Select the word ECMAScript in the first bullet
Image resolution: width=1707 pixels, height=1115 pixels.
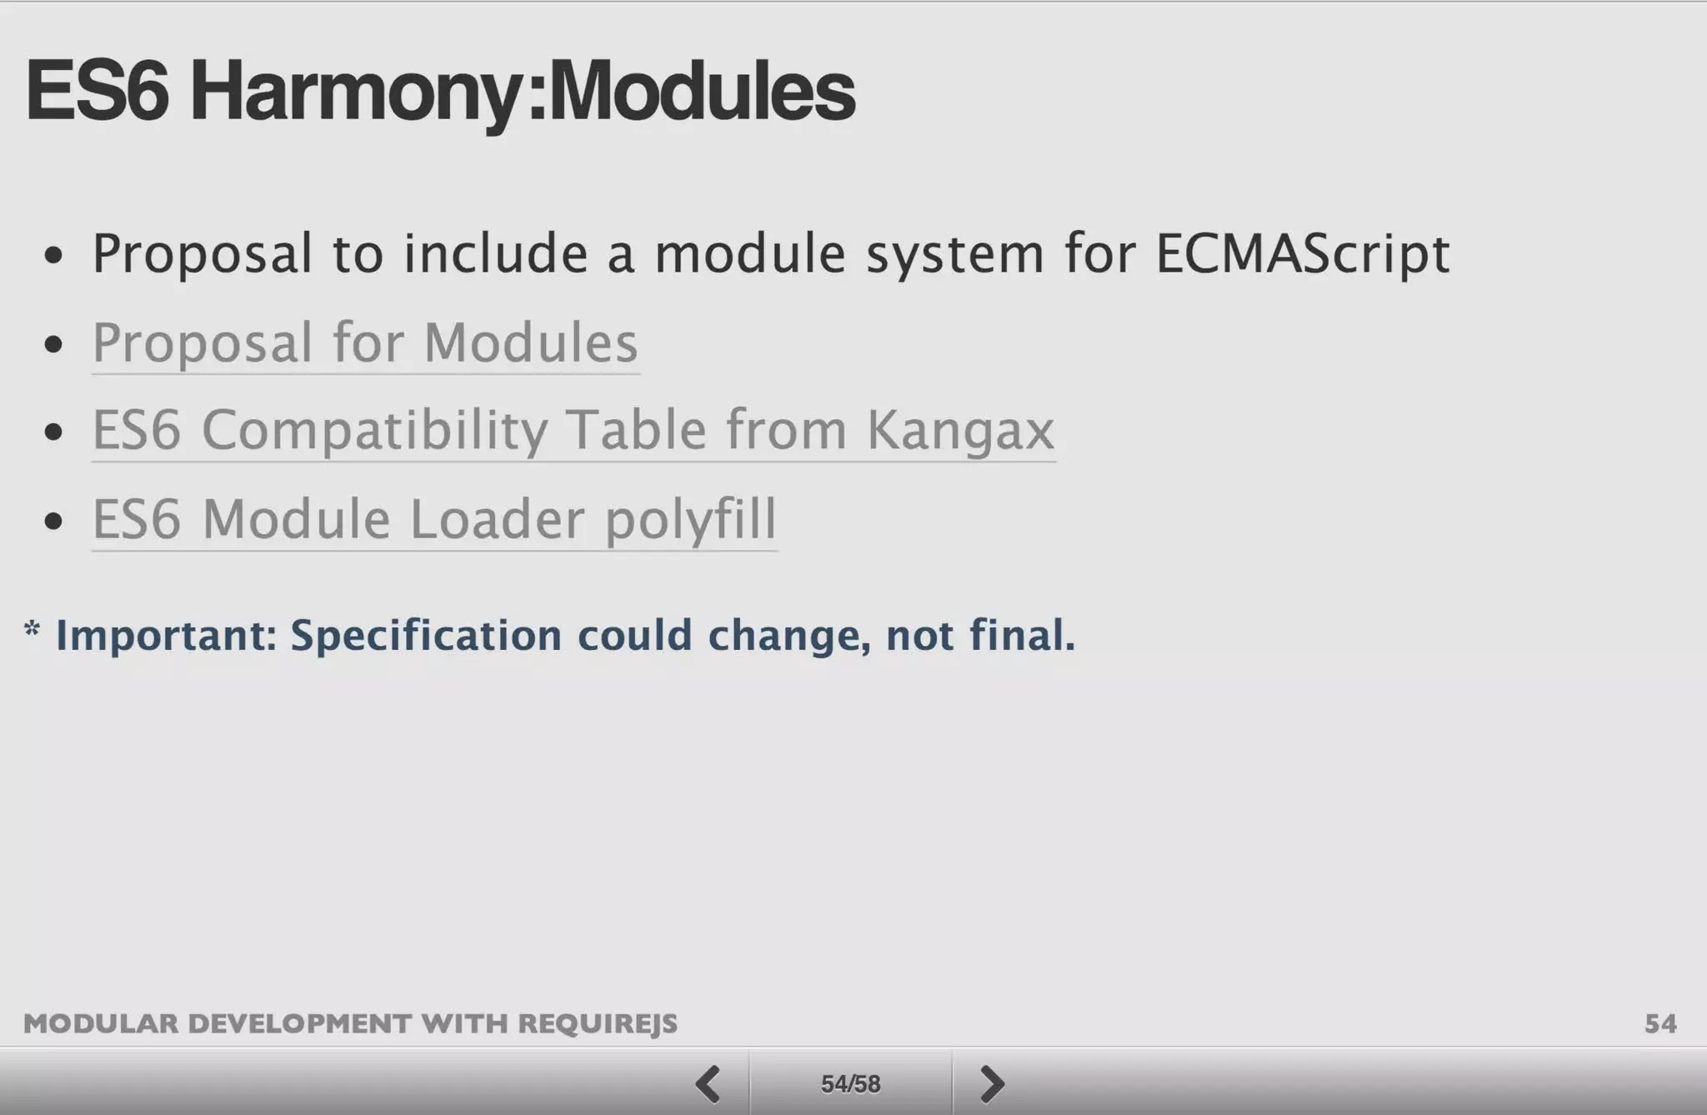click(1302, 253)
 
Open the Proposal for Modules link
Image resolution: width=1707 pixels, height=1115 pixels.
click(365, 342)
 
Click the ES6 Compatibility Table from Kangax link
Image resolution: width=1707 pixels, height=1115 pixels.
click(573, 430)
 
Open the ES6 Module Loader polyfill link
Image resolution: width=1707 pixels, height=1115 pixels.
click(434, 519)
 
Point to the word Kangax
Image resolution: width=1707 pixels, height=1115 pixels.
click(960, 430)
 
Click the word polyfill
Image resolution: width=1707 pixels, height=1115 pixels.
click(690, 519)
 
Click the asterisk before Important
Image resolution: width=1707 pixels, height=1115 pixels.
click(32, 628)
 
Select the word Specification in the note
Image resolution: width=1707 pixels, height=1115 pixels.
click(426, 636)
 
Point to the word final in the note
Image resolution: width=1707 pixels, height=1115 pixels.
click(1021, 635)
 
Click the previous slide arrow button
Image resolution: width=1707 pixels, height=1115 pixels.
click(708, 1083)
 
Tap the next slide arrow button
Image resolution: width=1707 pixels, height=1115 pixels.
click(991, 1083)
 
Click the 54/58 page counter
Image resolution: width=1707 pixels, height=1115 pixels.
click(850, 1083)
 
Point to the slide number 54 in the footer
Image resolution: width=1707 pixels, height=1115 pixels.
click(1660, 1023)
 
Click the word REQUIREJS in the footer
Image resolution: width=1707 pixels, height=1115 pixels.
click(598, 1023)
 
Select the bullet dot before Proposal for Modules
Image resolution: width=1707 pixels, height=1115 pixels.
click(54, 344)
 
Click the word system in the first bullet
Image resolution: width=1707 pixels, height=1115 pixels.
click(954, 253)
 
